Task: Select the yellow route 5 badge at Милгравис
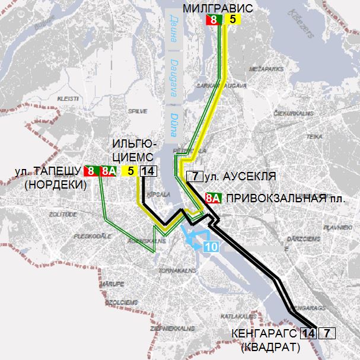coord(232,20)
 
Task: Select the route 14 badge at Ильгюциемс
coord(148,171)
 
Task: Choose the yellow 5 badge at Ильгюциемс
coord(129,171)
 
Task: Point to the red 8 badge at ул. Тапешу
coord(91,171)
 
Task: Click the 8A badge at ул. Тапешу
coord(109,171)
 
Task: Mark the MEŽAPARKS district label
coord(263,69)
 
